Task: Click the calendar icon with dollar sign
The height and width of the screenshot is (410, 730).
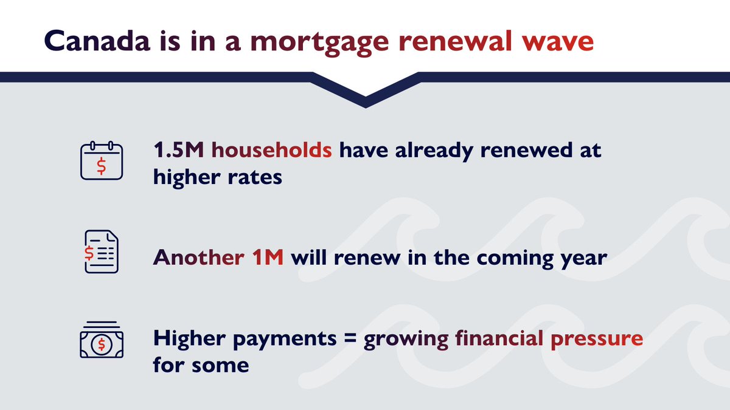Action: coord(102,161)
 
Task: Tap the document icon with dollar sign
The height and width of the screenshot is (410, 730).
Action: coord(101,251)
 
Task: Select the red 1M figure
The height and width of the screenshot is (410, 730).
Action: coord(267,258)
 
